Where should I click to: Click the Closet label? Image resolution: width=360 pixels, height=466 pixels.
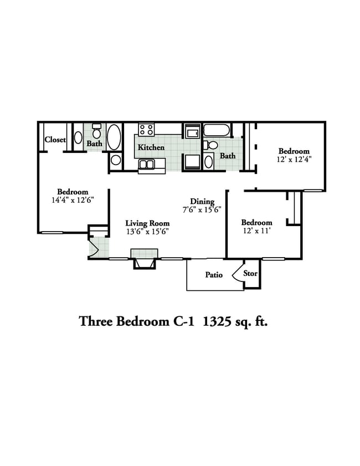point(55,140)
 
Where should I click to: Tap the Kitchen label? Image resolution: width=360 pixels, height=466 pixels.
point(151,147)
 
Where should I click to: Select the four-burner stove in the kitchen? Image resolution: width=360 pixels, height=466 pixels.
point(146,130)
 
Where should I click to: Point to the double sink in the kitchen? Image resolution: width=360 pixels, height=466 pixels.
point(146,165)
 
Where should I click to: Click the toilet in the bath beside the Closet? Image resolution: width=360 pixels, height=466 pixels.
point(96,131)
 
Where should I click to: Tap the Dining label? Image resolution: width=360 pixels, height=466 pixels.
point(202,202)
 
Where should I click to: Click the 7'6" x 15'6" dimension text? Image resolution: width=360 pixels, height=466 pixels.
point(202,210)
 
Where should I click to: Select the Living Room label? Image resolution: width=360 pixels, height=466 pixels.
point(147,223)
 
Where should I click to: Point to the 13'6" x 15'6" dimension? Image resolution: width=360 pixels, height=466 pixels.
point(147,232)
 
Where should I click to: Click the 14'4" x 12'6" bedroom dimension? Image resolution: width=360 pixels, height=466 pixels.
point(73,200)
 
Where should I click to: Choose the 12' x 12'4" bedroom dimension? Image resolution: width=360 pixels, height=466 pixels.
point(294,159)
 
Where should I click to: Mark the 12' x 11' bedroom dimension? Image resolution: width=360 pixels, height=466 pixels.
point(256,231)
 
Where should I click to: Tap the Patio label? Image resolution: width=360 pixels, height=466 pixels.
point(214,275)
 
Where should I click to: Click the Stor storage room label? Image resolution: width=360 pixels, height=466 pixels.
point(250,273)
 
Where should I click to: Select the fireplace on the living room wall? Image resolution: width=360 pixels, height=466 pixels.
point(145,259)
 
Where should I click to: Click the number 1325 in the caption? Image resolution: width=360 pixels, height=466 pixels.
point(217,321)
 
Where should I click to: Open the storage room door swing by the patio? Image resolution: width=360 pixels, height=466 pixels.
point(238,272)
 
